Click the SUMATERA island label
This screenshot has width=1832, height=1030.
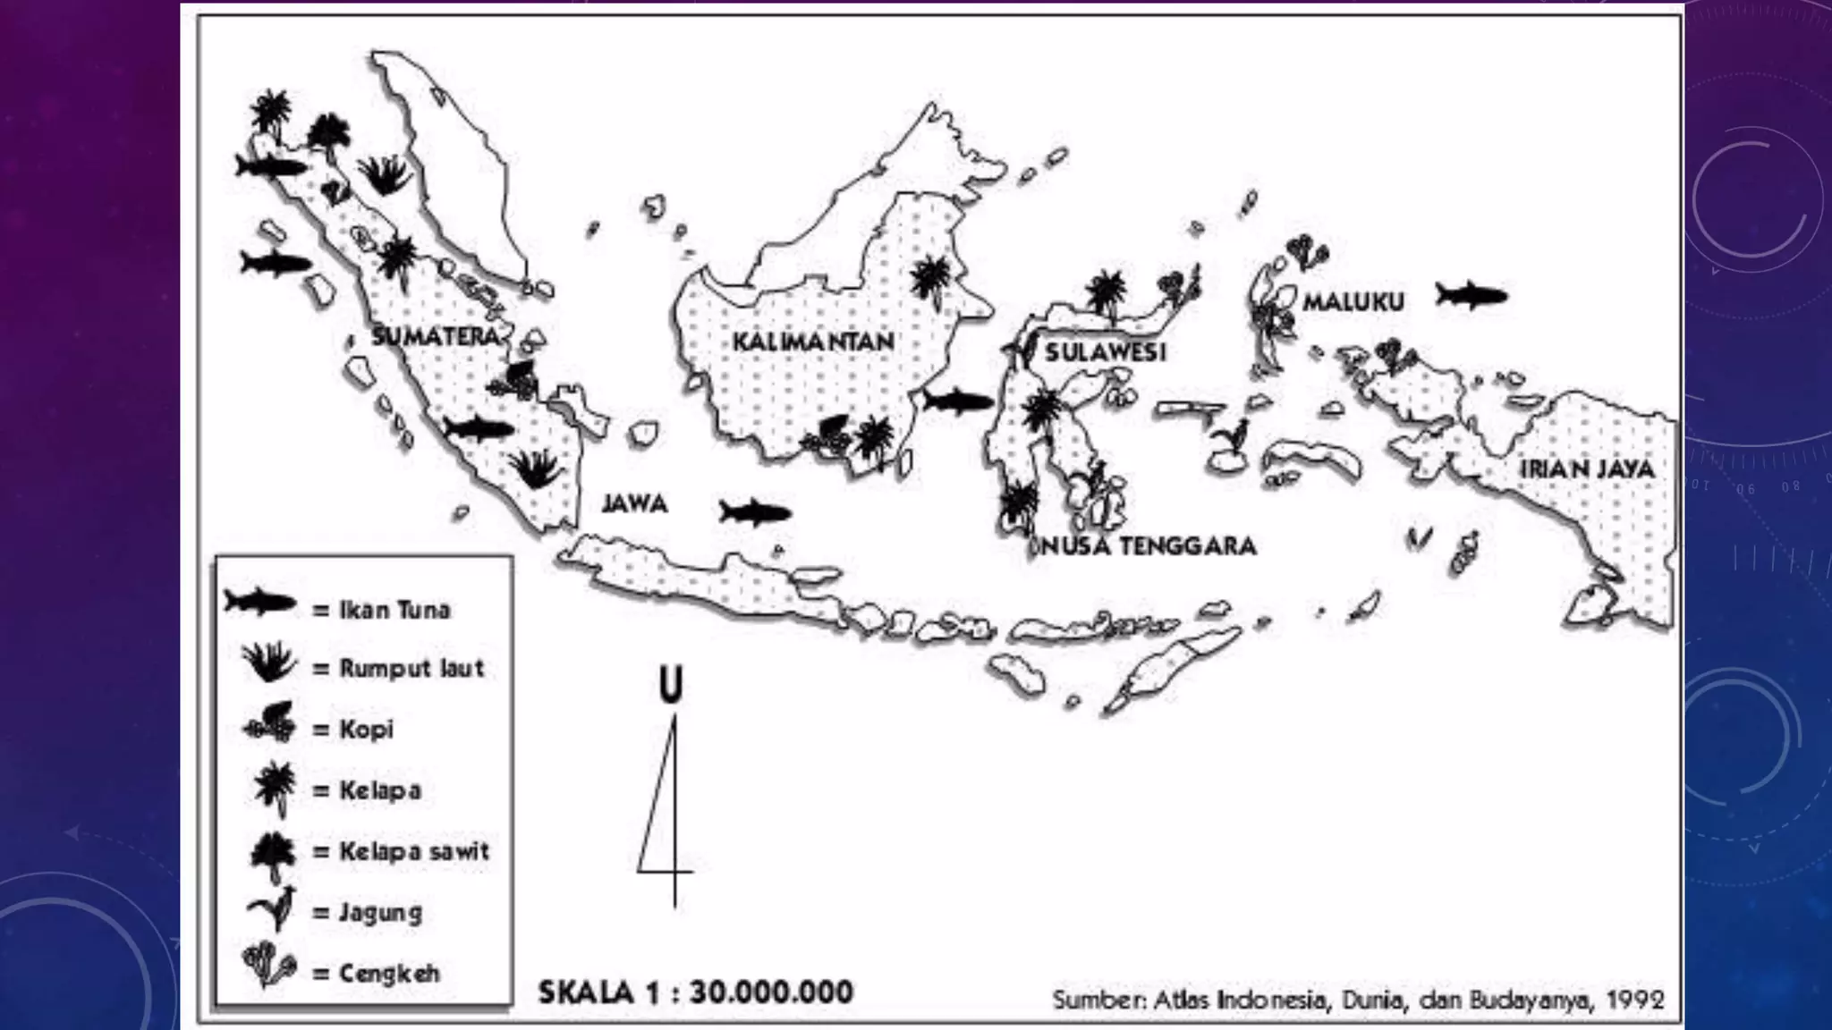tap(435, 337)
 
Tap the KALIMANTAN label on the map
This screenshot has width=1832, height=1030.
tap(813, 342)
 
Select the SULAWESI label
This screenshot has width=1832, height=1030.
tap(1106, 351)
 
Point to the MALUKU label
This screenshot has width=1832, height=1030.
tap(1353, 302)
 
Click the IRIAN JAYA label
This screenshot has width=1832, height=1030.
tap(1588, 469)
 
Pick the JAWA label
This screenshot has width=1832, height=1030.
tap(634, 503)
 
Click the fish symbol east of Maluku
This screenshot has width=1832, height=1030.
tap(1472, 294)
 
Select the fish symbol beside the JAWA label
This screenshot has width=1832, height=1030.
tap(756, 512)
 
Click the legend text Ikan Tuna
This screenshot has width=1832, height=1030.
tap(394, 610)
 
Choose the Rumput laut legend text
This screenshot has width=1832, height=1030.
tap(411, 668)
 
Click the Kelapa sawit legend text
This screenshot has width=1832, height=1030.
tap(414, 850)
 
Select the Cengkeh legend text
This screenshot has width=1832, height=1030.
tap(389, 973)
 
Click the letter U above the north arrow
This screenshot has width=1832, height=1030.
tap(670, 685)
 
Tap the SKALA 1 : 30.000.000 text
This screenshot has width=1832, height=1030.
tap(696, 992)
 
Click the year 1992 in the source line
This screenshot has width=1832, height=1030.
tap(1635, 1000)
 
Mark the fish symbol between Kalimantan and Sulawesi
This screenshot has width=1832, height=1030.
tap(957, 401)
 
